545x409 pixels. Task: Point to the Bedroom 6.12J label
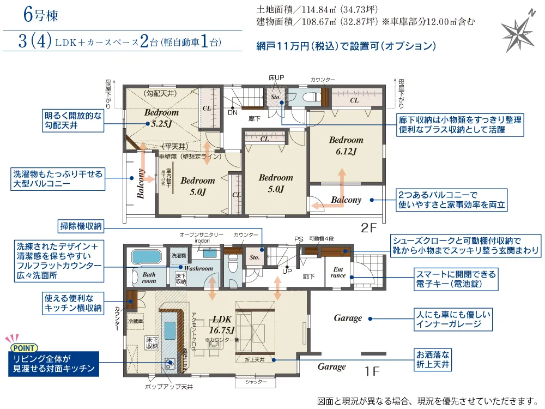pyautogui.click(x=346, y=146)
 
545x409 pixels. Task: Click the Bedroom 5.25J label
pyautogui.click(x=162, y=118)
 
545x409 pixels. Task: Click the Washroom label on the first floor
pyautogui.click(x=198, y=268)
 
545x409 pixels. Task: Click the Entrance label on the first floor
pyautogui.click(x=338, y=272)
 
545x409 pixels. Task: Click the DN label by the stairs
pyautogui.click(x=232, y=112)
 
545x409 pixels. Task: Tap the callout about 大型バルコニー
pyautogui.click(x=58, y=179)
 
